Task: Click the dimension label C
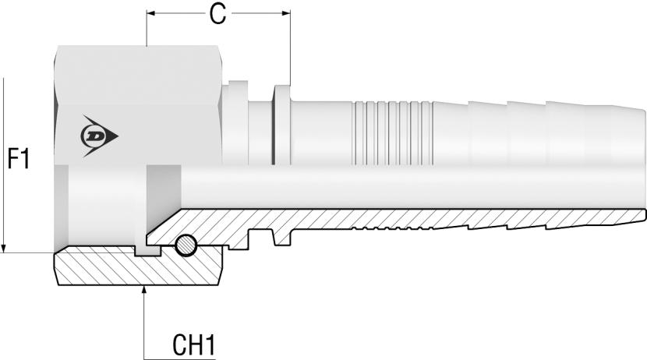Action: point(219,15)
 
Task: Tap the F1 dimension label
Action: point(19,161)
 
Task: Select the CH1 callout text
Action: point(193,343)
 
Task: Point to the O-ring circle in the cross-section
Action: point(186,245)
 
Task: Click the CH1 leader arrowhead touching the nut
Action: point(146,290)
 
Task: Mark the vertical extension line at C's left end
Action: point(147,31)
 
